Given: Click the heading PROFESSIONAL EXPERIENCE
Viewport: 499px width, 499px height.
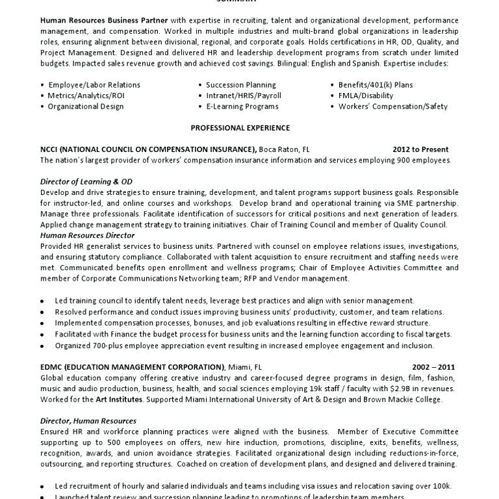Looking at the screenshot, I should [x=240, y=128].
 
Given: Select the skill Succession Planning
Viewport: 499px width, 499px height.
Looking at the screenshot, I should [x=240, y=85].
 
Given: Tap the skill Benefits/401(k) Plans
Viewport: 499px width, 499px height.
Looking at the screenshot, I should [x=375, y=85].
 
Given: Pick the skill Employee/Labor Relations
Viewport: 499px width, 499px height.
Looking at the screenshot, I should [x=94, y=85].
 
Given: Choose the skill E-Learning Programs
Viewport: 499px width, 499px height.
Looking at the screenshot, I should [x=242, y=107].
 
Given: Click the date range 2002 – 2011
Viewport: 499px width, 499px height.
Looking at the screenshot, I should [x=433, y=366].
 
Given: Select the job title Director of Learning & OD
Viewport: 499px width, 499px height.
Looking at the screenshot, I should [x=86, y=182].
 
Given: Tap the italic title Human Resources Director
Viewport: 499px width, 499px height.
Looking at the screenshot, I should [x=87, y=235].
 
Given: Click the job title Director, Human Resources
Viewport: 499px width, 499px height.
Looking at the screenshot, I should [x=88, y=421].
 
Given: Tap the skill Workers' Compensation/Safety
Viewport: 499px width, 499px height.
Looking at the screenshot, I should [x=392, y=107].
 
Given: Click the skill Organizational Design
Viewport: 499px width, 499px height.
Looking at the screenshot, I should [x=85, y=107].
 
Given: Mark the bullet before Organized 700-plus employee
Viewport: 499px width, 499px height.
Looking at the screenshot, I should [x=42, y=346].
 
